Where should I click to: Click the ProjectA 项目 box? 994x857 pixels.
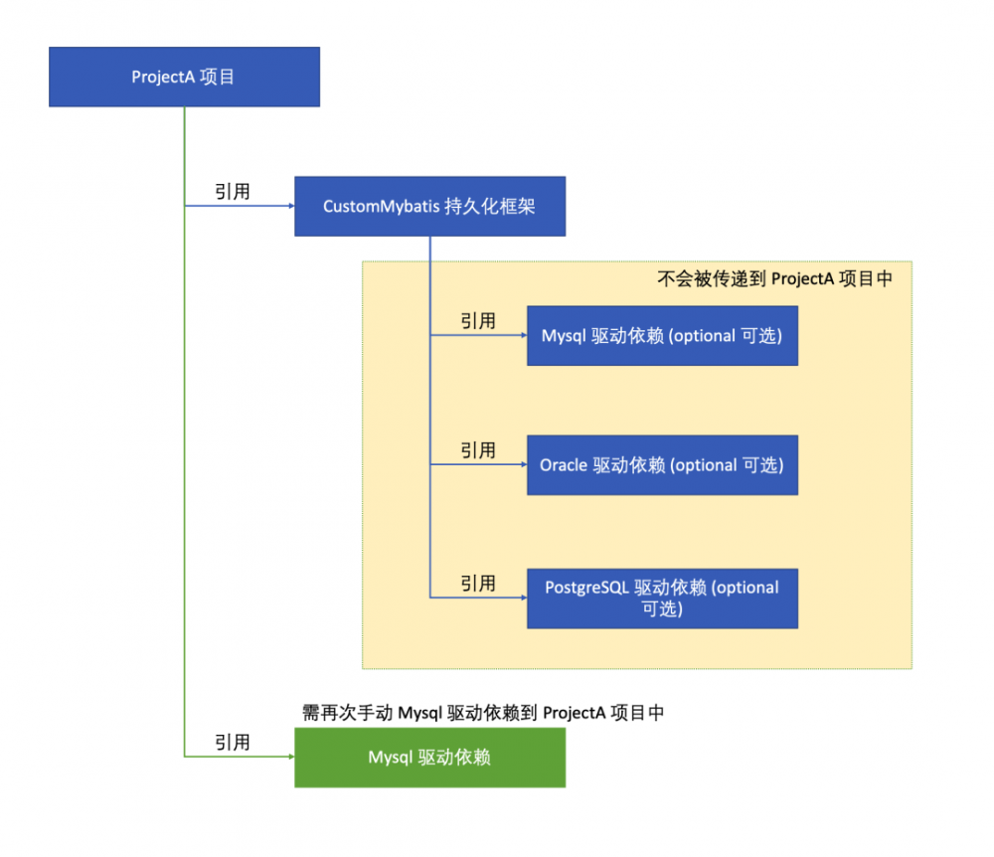tap(184, 77)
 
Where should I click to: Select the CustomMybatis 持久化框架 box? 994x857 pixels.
tap(429, 207)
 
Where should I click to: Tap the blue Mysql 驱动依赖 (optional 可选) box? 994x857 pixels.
tap(662, 336)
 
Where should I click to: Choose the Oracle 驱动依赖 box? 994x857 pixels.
tap(662, 465)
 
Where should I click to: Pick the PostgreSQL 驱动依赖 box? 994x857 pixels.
tap(662, 598)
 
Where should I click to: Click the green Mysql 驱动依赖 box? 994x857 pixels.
tap(429, 758)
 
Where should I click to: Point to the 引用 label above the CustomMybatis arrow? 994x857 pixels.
tap(233, 192)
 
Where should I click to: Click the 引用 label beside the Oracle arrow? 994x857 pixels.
tap(477, 450)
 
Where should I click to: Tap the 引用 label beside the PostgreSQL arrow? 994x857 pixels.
tap(477, 584)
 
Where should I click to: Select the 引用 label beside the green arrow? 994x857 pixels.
tap(233, 743)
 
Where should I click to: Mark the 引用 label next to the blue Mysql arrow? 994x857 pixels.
tap(477, 321)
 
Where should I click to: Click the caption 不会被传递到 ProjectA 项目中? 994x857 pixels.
tap(774, 279)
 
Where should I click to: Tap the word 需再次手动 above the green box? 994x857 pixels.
tap(347, 713)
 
